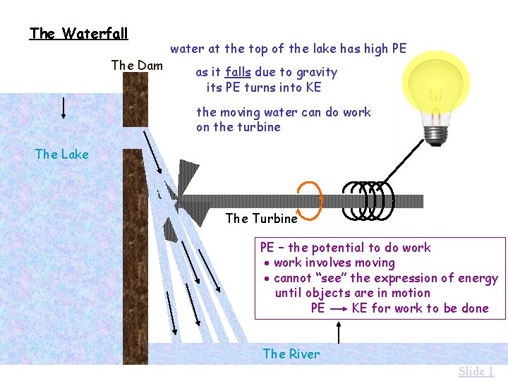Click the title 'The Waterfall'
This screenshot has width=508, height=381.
click(78, 33)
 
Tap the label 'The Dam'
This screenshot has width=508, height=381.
click(137, 66)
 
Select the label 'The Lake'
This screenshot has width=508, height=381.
click(61, 154)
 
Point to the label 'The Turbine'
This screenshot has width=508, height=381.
click(261, 219)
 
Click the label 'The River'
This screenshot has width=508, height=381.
click(291, 354)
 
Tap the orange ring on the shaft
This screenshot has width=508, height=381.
click(310, 200)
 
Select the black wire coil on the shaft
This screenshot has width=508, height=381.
click(367, 200)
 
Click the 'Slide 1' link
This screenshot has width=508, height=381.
click(476, 372)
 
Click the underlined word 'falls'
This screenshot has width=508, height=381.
click(238, 72)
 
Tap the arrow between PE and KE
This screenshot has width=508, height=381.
click(338, 309)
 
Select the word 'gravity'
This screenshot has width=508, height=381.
click(317, 72)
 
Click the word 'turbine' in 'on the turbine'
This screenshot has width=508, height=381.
click(258, 127)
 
